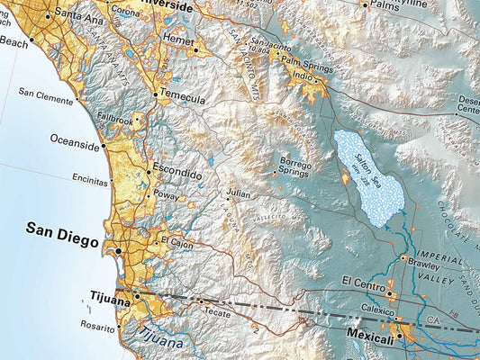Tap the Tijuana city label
pyautogui.click(x=111, y=294)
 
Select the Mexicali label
pyautogui.click(x=370, y=338)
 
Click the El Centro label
pyautogui.click(x=363, y=282)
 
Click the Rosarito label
pyautogui.click(x=98, y=326)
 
